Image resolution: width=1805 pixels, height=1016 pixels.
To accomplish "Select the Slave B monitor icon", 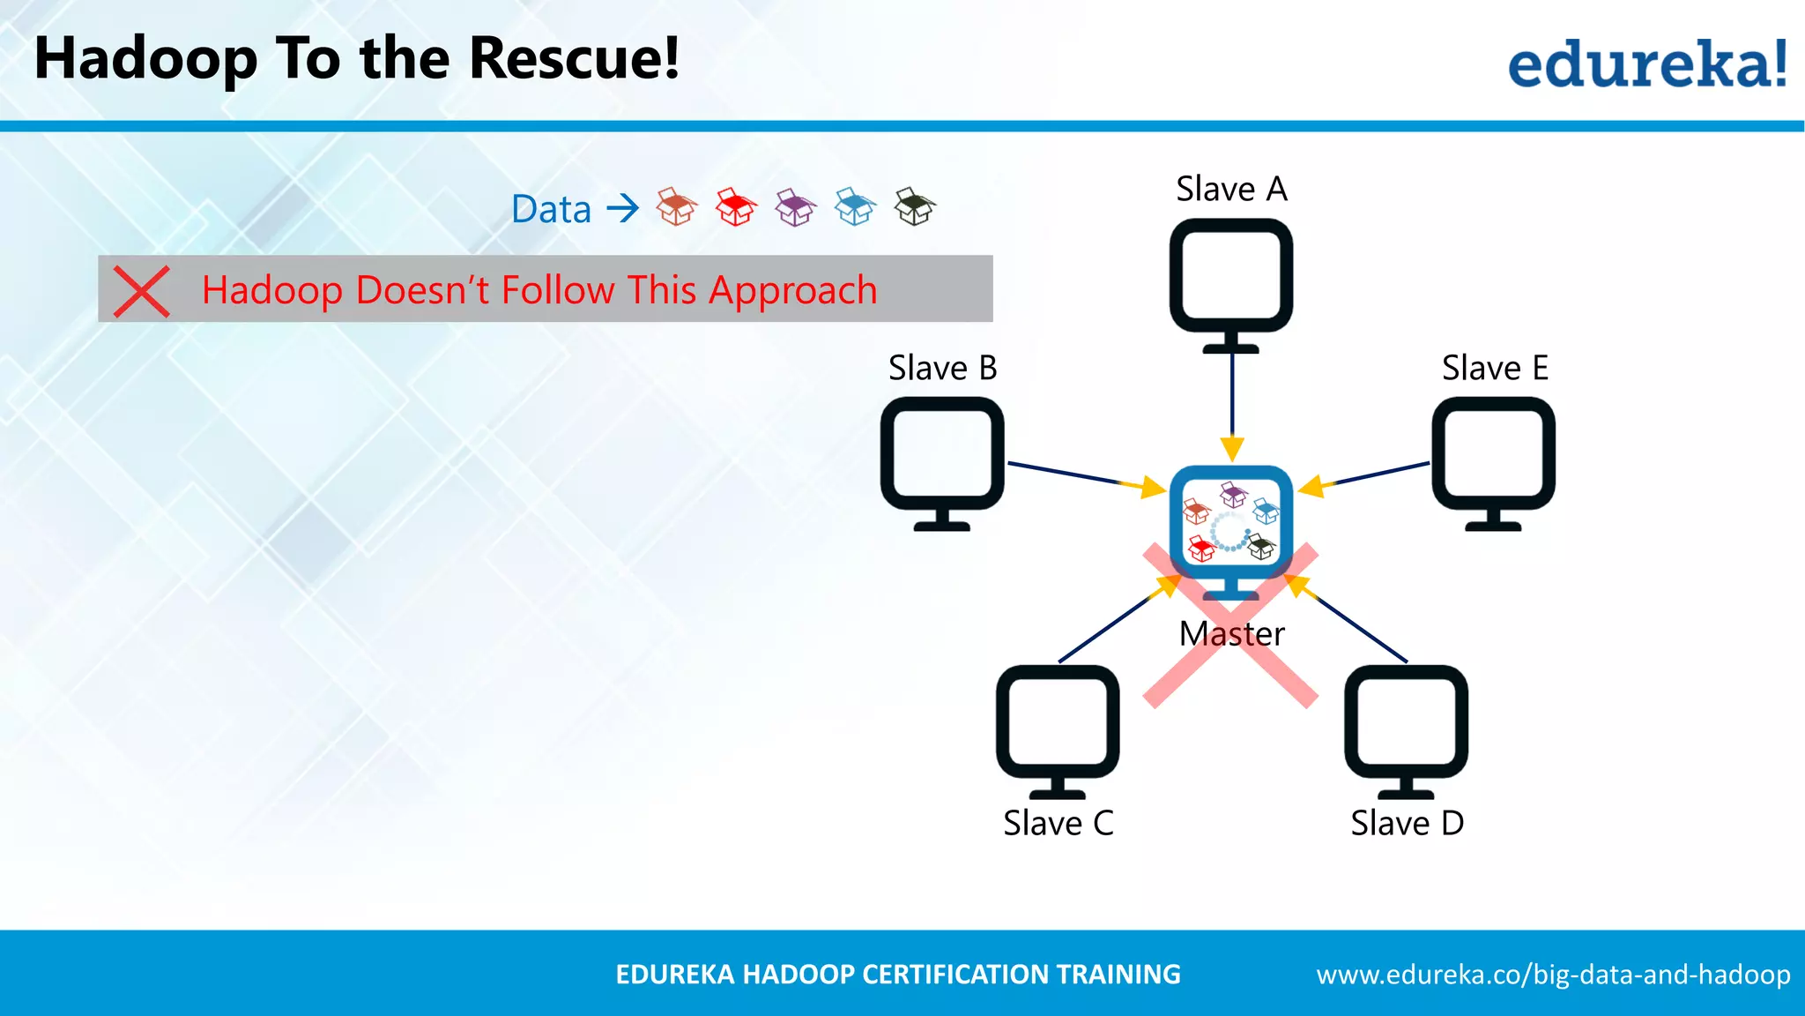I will click(x=942, y=459).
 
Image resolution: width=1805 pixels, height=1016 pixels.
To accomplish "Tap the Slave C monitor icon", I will click(x=1058, y=727).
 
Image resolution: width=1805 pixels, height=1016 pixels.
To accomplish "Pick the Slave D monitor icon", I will click(x=1406, y=727).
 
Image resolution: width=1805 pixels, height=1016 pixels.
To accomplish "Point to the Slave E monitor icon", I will click(x=1493, y=459).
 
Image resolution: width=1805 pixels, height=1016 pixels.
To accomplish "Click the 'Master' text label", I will click(x=1231, y=634).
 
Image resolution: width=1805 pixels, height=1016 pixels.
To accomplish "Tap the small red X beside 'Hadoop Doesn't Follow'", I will click(x=141, y=291).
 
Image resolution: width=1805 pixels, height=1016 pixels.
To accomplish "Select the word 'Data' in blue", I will click(x=551, y=210).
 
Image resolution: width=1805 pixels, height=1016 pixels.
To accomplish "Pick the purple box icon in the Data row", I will click(x=796, y=208).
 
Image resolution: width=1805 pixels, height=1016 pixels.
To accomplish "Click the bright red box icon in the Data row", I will click(x=736, y=208).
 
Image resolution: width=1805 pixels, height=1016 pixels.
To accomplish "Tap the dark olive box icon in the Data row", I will click(x=915, y=208).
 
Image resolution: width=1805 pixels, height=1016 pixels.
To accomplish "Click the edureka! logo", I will click(x=1646, y=64).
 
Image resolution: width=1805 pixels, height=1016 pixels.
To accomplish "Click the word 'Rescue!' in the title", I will click(x=574, y=58).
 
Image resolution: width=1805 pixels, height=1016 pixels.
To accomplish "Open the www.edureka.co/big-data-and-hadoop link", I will click(x=1553, y=975).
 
